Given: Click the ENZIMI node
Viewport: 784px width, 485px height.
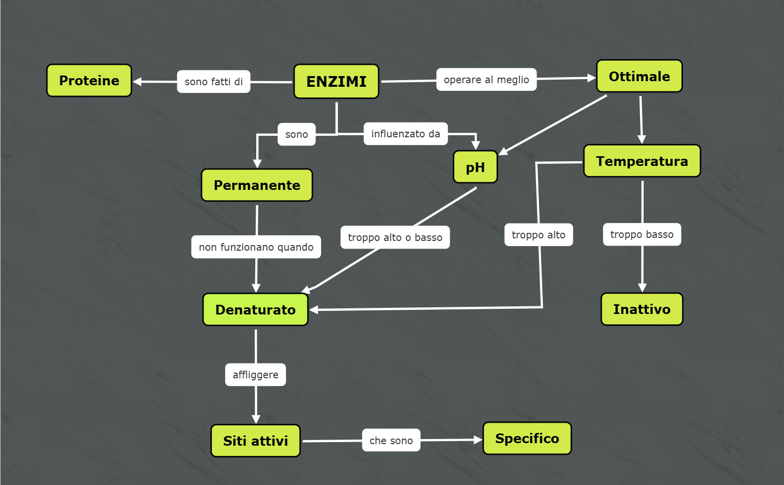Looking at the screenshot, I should pos(336,81).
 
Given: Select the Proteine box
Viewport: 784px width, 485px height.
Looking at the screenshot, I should pos(89,81).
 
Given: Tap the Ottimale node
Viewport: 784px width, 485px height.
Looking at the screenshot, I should pos(639,77).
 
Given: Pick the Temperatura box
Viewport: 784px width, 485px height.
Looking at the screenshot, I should pos(642,161).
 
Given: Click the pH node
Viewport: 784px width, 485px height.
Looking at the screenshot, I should pos(475,167).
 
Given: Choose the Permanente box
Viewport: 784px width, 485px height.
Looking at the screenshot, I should pos(257,185).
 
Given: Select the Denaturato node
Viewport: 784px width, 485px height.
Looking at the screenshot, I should pos(255,309).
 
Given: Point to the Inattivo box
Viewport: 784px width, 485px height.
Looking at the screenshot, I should pos(642,309).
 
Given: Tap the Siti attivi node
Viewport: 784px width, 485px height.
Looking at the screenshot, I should pos(255,441).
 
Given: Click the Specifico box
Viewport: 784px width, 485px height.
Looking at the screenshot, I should pos(527,439).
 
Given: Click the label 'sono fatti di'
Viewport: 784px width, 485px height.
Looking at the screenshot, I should pos(213,82).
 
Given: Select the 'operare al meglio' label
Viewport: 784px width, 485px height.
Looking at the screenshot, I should pos(486,80).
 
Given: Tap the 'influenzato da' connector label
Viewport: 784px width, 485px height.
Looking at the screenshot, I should pos(405,134).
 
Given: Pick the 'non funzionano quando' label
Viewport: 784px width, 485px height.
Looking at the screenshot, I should pos(256,247).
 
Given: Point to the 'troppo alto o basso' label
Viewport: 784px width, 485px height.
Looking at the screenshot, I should pos(395,237).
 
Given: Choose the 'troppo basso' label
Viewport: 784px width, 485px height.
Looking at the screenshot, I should pos(642,234).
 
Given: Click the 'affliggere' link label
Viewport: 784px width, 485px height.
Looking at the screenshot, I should pos(255,375).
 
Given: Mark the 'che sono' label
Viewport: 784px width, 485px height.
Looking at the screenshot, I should pos(391,441).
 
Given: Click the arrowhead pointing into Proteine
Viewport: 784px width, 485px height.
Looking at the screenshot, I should pos(137,82).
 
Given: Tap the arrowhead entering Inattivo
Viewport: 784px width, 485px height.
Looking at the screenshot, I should pos(642,288).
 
